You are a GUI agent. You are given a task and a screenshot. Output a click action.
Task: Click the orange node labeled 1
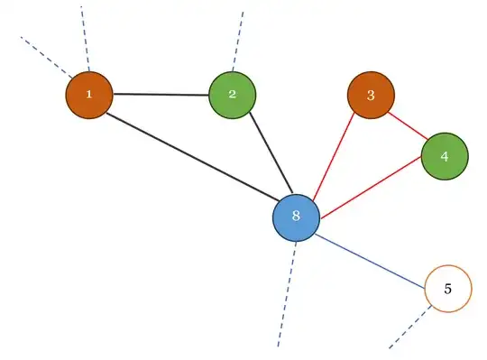point(88,94)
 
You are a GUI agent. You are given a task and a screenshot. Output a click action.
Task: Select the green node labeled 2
point(232,94)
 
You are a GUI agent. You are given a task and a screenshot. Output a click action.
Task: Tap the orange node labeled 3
point(371,95)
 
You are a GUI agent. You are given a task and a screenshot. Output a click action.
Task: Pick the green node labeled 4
point(444,156)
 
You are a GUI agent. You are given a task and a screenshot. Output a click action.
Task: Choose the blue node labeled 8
point(296,217)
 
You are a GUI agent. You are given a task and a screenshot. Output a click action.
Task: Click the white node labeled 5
point(448,289)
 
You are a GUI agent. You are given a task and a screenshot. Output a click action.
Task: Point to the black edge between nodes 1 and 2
point(160,94)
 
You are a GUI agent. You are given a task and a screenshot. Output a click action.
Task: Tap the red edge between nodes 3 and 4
point(407,125)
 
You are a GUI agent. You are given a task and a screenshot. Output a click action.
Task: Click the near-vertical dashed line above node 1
point(85,36)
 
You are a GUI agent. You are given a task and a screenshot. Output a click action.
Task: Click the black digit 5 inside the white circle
point(448,289)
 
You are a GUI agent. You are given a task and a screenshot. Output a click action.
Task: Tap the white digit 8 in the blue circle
point(296,217)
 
